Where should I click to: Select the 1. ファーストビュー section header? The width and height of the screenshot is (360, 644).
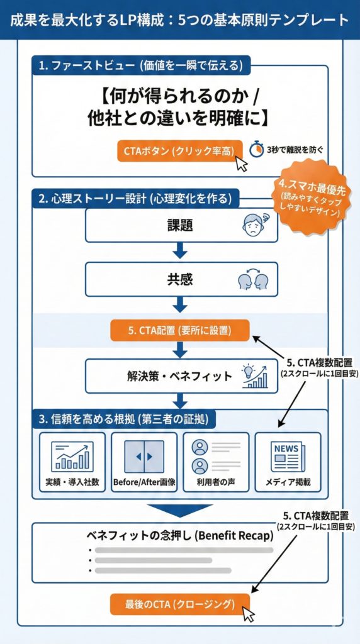(x=142, y=64)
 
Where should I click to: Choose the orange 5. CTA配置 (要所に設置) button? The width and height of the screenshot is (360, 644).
(x=180, y=330)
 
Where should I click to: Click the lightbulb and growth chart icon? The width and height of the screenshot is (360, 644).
(x=252, y=375)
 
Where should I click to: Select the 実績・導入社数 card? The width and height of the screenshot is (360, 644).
(x=72, y=462)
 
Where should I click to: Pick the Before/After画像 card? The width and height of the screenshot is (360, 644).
(x=144, y=462)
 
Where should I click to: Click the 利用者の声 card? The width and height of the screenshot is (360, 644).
(x=216, y=462)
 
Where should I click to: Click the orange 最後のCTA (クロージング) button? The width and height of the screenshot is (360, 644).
(x=180, y=604)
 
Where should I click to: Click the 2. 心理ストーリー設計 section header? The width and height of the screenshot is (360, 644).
(x=135, y=199)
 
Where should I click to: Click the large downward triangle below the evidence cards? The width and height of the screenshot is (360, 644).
(x=180, y=509)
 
